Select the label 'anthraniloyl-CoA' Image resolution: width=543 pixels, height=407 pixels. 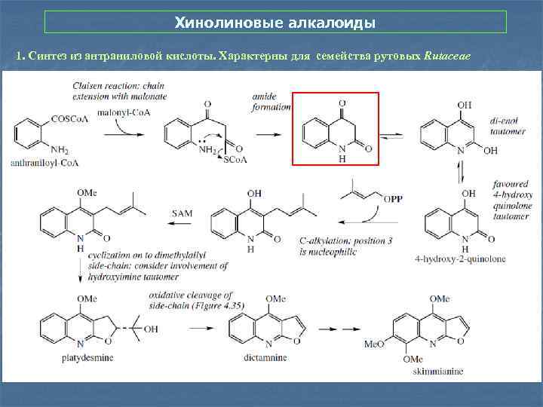(x=44, y=162)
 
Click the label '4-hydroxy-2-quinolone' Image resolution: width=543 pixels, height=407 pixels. (x=460, y=259)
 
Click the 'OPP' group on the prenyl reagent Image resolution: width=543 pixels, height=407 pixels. (x=394, y=198)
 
